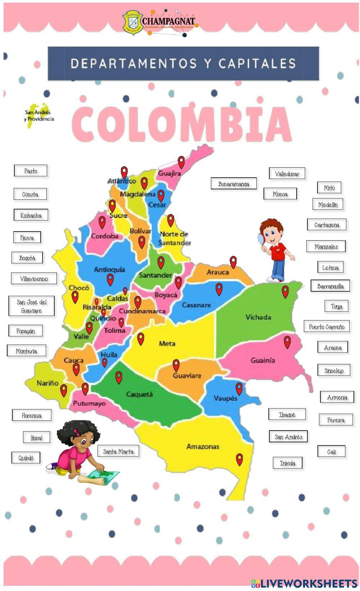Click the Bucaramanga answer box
pos(234,184)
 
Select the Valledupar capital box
pos(287,173)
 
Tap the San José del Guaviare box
pos(32,306)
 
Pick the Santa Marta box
pos(118,451)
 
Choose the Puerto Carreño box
pos(327,327)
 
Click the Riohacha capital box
pos(31,215)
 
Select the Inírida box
pos(287,463)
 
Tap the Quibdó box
pos(26,458)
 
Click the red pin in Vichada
pos(285,291)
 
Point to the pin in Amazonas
pos(239,459)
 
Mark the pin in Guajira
pos(181,162)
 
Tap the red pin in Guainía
pos(287,341)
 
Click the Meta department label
pos(167,344)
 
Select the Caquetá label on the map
pos(140,394)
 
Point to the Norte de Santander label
pos(174,238)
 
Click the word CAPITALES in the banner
pos(257,63)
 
